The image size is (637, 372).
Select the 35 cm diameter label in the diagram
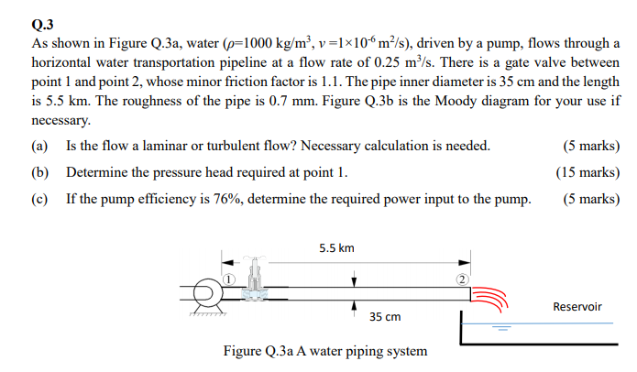(385, 316)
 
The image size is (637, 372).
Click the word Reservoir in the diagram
(577, 306)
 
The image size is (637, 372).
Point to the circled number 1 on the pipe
(230, 278)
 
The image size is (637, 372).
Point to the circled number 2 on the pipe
(462, 279)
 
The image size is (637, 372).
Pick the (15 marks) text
(588, 172)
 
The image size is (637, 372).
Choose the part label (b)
(40, 172)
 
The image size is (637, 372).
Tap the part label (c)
(39, 198)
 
